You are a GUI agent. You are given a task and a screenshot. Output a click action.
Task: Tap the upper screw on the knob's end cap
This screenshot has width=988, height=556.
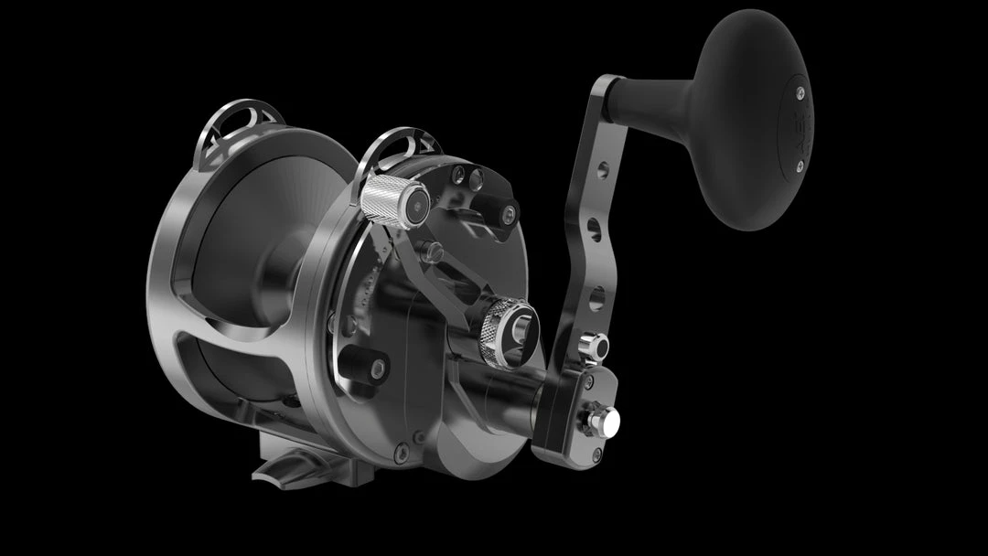coord(800,91)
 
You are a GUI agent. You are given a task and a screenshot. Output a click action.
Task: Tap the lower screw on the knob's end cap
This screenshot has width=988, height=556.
coord(799,166)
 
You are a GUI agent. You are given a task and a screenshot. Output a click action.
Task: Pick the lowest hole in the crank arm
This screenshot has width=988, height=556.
coord(596,296)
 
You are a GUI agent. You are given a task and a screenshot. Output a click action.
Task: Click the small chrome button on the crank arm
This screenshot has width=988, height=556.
coord(596,347)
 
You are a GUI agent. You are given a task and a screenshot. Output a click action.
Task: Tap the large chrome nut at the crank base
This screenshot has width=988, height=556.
coord(603,420)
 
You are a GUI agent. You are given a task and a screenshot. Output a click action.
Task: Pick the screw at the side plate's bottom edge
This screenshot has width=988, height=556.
coord(401,450)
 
